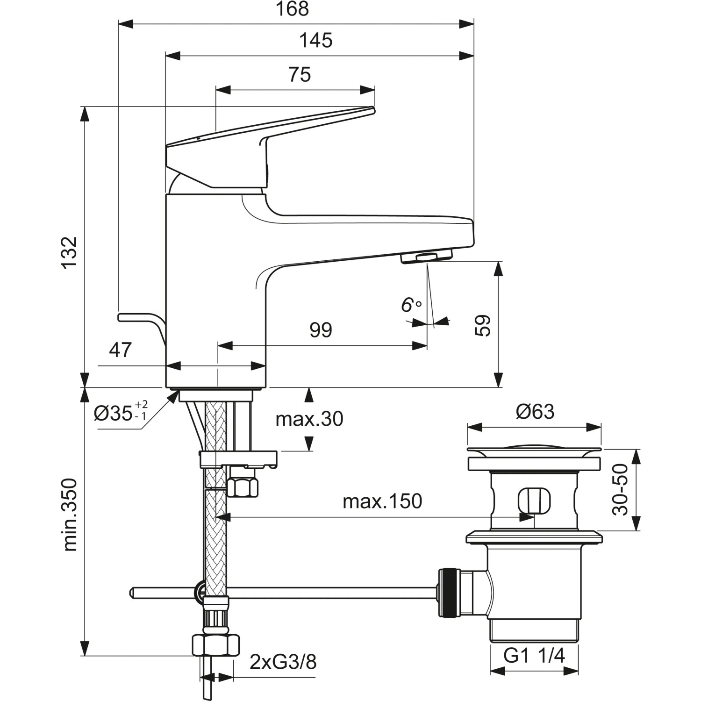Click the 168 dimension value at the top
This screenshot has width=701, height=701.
coord(293,9)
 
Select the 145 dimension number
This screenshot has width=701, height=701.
coord(316,41)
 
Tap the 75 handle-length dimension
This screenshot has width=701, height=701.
coord(300,75)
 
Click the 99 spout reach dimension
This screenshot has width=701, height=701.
coord(321,330)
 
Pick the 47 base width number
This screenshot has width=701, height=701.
coord(121,350)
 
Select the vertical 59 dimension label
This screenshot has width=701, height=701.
coord(482,326)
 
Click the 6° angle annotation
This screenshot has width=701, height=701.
coord(411,305)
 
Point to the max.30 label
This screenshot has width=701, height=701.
coord(309,419)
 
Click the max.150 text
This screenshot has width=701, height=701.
coord(382,501)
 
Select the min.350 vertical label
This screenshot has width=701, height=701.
coord(70,514)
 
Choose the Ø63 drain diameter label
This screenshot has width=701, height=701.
coord(535,412)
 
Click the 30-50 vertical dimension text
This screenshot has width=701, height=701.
coord(620,489)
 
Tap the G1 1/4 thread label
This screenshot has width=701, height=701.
coord(534,656)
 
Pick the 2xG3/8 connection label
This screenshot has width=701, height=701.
coord(283,662)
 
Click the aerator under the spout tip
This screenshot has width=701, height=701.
coord(427,257)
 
